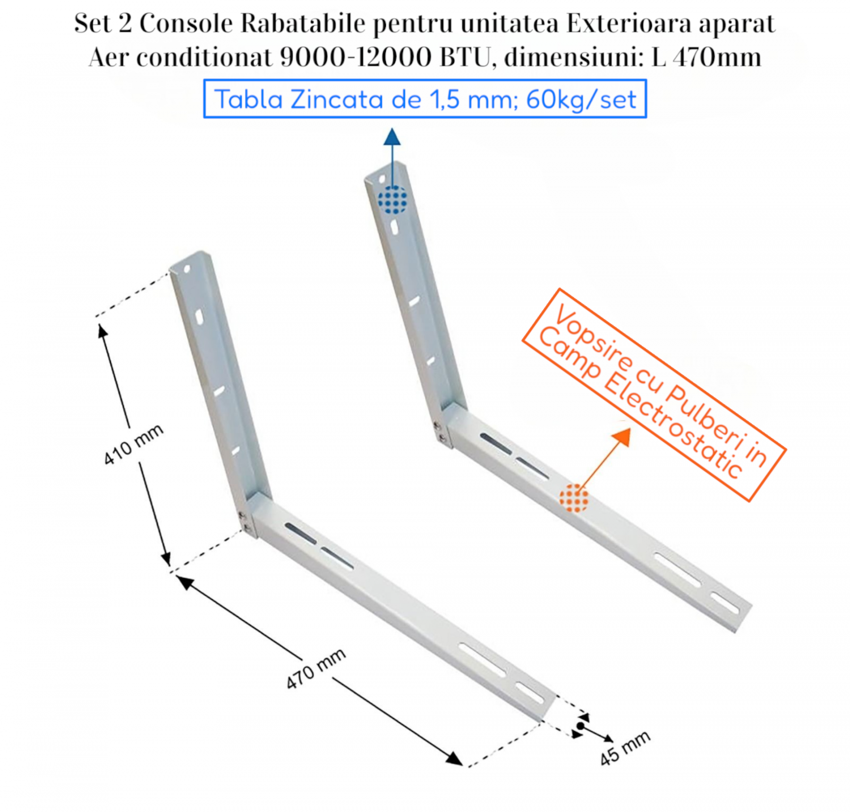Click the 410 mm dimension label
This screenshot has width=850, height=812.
[134, 444]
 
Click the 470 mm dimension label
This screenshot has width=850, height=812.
[316, 669]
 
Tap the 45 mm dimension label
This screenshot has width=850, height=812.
[625, 748]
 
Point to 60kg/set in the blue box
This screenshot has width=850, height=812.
[581, 100]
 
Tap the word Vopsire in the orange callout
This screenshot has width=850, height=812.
[595, 338]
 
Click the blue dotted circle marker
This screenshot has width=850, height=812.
[392, 199]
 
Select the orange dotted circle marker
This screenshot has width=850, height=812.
[574, 498]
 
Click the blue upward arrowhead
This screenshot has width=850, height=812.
[392, 137]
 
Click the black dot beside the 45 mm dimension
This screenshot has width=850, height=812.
[580, 726]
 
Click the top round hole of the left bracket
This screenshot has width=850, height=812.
[187, 270]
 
